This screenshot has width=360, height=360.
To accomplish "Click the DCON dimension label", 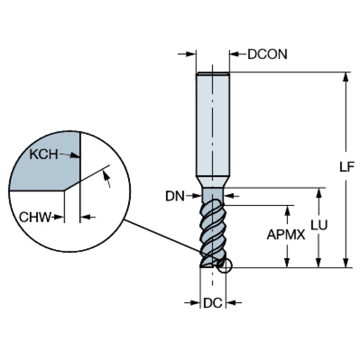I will tap(267, 54).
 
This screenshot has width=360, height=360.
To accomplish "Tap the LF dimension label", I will tap(346, 167).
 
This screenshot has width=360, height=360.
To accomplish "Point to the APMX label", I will tap(286, 235).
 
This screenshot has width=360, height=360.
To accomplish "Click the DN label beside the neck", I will tap(175, 195).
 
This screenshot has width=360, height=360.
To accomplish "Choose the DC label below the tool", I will tap(212, 303).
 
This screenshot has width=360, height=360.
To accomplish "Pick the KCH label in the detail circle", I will tap(44, 154).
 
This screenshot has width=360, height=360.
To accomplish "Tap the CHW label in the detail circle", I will tap(34, 217).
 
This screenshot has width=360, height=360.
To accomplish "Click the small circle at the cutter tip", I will tap(225, 266).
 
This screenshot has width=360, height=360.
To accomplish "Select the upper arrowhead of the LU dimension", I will tap(319, 192).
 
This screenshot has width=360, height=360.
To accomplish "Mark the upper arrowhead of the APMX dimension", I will tap(287, 209).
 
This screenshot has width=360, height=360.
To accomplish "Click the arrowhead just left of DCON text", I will tap(234, 54).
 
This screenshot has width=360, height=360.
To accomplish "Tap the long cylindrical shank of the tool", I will tap(212, 122).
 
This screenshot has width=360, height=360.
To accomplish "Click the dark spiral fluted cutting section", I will tap(212, 230).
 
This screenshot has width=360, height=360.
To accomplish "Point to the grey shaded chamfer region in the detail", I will tap(45, 169).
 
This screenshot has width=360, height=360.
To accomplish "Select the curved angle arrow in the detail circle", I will tap(107, 178).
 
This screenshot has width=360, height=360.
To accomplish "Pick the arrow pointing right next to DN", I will tap(195, 195).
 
